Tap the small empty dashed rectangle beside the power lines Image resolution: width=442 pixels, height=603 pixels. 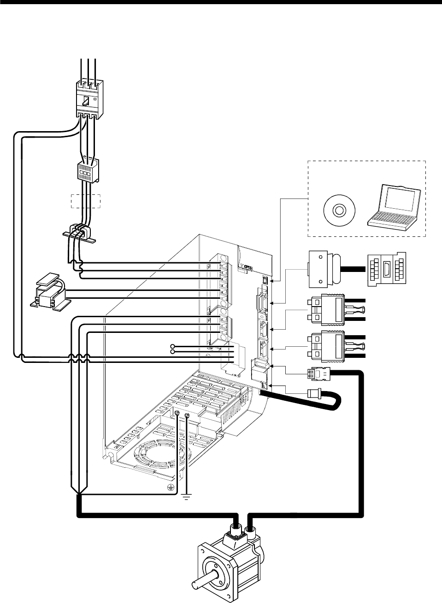(86, 201)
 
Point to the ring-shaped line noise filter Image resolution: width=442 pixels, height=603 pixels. (79, 230)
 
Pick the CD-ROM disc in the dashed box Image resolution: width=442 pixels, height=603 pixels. (338, 211)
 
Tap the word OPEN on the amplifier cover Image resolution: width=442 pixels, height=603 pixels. (249, 267)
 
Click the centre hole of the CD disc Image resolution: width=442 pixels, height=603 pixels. (338, 211)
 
